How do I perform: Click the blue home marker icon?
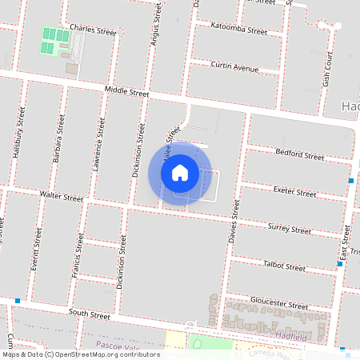[180, 173]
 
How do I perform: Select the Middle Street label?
[126, 93]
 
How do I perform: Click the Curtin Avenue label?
[234, 67]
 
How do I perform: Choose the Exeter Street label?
[294, 193]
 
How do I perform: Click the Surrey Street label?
[289, 229]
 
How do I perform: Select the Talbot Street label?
[284, 267]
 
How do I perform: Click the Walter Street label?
[62, 197]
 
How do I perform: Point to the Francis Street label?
[79, 254]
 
